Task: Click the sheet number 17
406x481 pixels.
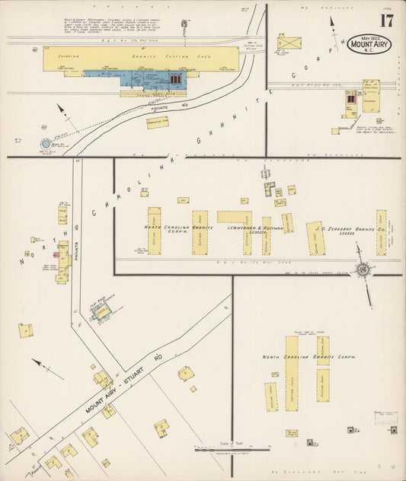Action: click(x=387, y=21)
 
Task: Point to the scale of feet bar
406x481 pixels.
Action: click(x=232, y=450)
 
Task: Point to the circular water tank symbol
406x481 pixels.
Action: click(x=46, y=143)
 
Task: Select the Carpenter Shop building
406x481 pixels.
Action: click(x=158, y=122)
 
